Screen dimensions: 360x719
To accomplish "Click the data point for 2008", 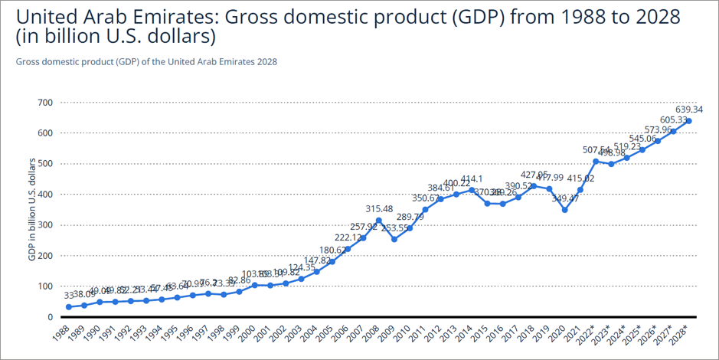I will click(x=378, y=221).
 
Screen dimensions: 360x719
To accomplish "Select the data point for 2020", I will click(x=564, y=210).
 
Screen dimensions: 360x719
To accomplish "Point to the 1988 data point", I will click(x=69, y=306).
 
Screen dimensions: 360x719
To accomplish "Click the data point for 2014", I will click(x=471, y=190).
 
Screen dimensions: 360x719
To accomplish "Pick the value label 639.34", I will click(x=688, y=110).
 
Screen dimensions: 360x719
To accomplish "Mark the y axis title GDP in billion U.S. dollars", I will click(x=31, y=209).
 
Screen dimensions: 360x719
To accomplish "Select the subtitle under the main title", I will click(x=146, y=61).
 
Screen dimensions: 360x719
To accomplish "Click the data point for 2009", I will click(x=394, y=239).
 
